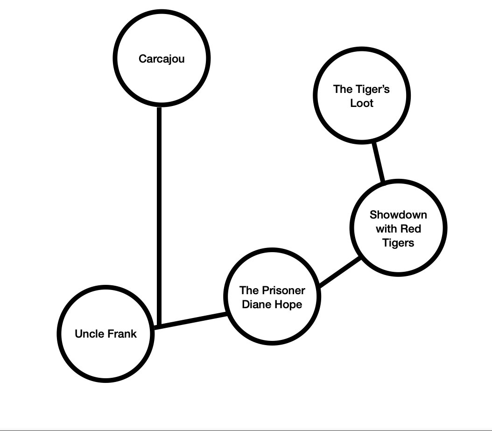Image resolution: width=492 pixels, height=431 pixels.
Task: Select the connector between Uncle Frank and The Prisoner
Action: click(191, 320)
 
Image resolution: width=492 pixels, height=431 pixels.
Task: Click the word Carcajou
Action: click(162, 59)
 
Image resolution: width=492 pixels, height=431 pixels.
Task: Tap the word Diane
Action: click(255, 304)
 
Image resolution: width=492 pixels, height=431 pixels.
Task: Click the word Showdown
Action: click(398, 215)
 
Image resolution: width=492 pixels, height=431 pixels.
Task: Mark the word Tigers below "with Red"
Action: click(398, 243)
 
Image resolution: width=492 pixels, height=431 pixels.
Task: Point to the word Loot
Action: click(362, 103)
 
